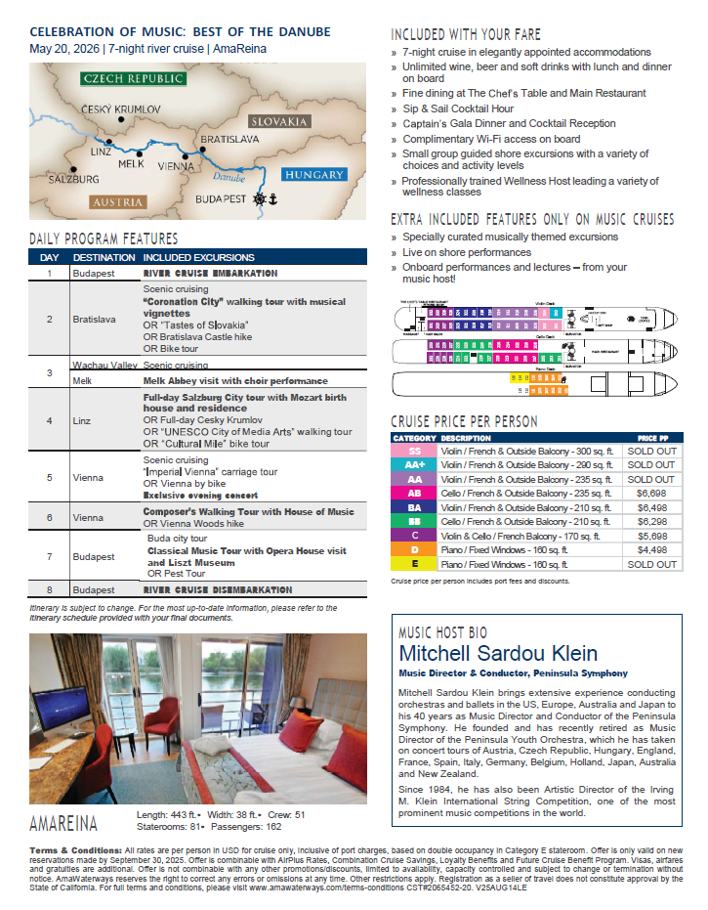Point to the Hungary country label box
pos(314,175)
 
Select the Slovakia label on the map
pos(279,121)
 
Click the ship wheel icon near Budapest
pos(260,198)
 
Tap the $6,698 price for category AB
pos(651,494)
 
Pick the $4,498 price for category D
pos(651,548)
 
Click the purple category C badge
pos(414,535)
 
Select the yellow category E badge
pos(414,563)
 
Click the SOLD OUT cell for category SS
pos(651,452)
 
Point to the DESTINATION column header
pos(104,257)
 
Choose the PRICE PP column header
pos(653,438)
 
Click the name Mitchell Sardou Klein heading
pos(498,654)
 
